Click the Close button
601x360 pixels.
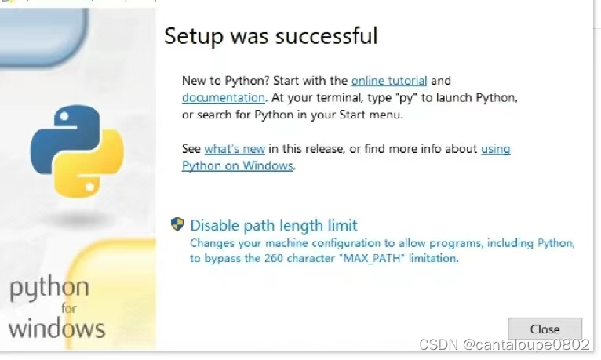(545, 329)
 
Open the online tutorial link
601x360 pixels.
(389, 81)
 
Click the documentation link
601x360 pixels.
(224, 98)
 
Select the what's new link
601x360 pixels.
(235, 148)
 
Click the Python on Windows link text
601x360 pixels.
(237, 165)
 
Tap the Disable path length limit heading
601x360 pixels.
(274, 225)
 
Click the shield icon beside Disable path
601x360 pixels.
(177, 224)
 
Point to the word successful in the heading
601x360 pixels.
(326, 36)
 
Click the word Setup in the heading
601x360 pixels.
(194, 37)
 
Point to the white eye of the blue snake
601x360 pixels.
(64, 115)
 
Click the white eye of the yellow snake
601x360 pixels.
(90, 187)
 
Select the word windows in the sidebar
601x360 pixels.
(56, 329)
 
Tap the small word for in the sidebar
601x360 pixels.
(69, 308)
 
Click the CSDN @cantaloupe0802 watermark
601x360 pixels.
(504, 344)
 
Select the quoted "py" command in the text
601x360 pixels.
(406, 98)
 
